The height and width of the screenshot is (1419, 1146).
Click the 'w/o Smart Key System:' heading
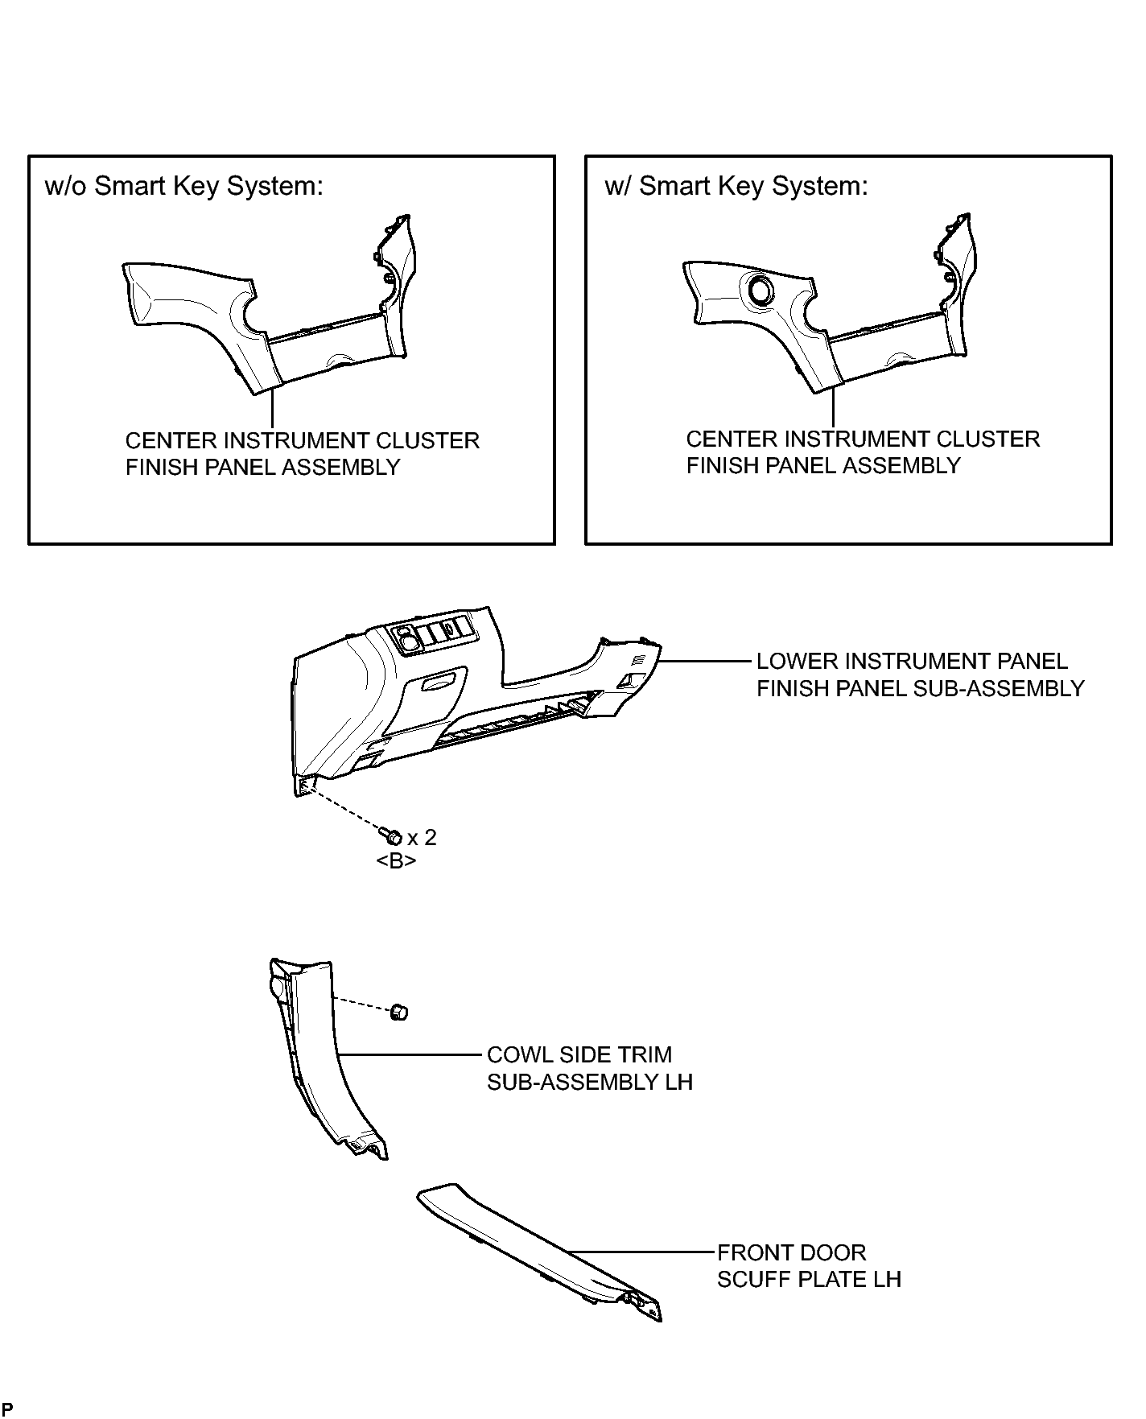click(x=184, y=186)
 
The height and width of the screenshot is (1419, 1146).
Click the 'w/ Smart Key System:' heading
click(x=736, y=186)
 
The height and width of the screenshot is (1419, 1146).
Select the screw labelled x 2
click(x=394, y=836)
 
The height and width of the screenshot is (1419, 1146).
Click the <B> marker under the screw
click(x=396, y=860)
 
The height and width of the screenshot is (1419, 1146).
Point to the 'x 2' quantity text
click(x=422, y=837)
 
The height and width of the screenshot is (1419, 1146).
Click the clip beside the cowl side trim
click(x=398, y=1012)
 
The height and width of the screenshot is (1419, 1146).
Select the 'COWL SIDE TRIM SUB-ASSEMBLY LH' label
click(x=589, y=1068)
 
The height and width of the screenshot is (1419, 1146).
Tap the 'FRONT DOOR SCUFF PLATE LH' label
click(x=808, y=1265)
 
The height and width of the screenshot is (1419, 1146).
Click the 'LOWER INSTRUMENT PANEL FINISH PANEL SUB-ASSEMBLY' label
click(x=920, y=674)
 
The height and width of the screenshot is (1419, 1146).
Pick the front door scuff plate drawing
click(x=539, y=1249)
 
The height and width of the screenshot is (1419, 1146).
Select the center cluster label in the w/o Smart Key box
click(x=302, y=454)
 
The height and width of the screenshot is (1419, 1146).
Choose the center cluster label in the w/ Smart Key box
click(x=863, y=452)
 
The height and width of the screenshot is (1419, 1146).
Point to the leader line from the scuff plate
click(x=641, y=1252)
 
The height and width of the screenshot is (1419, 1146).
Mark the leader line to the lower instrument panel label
click(x=705, y=661)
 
